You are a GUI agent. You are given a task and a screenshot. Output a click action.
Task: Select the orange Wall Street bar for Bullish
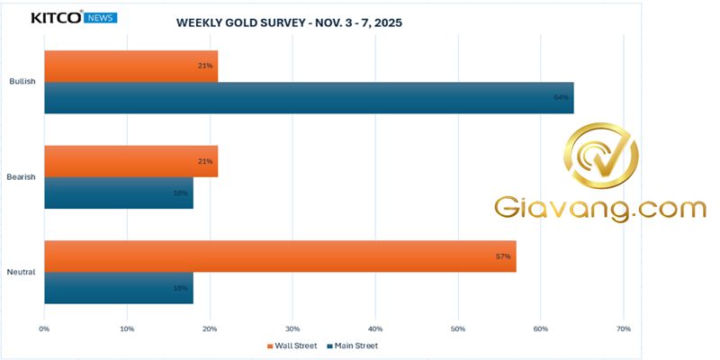coord(130,66)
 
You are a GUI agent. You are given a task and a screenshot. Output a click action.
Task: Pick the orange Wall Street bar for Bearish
coord(130,161)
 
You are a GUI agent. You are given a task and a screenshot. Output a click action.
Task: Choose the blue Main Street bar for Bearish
coord(118,193)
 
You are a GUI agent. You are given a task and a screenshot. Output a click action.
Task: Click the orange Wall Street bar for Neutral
coord(280,256)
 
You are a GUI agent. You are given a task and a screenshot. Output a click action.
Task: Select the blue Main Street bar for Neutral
coord(118,288)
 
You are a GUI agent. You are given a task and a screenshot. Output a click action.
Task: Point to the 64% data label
coord(562,97)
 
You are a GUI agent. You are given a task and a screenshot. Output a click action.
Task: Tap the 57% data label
coord(503,256)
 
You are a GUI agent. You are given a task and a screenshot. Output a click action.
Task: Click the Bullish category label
coord(22,81)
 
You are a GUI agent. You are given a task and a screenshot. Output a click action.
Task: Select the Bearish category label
coord(22,177)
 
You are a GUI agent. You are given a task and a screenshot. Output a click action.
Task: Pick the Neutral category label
coord(22,272)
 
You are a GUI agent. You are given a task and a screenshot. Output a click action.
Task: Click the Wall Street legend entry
coord(292,346)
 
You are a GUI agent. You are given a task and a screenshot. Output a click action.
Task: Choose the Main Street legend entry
coord(352,346)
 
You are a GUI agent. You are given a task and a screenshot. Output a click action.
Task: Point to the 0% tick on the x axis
coord(44,328)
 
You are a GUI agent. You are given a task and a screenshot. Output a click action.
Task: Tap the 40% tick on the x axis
coord(375,328)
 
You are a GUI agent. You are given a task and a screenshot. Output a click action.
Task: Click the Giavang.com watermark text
coord(600,209)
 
